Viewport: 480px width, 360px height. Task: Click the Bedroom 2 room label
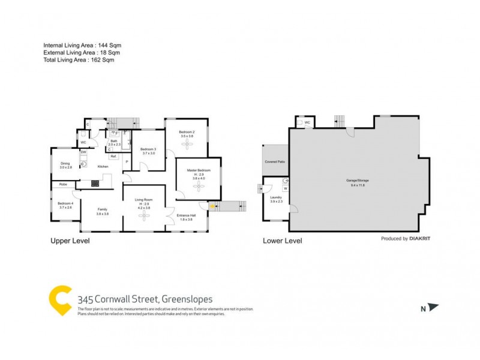coord(187,132)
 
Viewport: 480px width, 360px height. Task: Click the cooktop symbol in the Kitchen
coord(95,184)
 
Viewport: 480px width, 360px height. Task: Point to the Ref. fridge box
coord(113,157)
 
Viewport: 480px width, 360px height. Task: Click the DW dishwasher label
coord(83,152)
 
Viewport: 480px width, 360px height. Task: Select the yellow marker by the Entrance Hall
coord(212,206)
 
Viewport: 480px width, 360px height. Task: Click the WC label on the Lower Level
coord(307,122)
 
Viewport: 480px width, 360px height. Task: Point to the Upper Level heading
coord(70,241)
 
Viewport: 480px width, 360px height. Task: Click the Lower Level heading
coord(283,241)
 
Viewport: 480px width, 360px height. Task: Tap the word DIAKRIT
coord(422,238)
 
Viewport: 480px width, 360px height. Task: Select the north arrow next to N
coord(434,308)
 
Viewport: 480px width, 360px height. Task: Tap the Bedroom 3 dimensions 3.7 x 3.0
coord(148,154)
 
